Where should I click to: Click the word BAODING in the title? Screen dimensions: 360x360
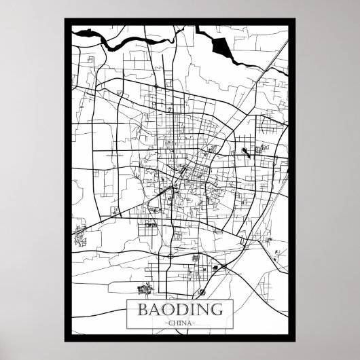point(179,309)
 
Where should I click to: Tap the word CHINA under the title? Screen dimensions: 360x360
point(180,323)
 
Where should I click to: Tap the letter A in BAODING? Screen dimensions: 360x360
point(151,309)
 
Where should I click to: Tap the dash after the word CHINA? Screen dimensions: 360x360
point(196,323)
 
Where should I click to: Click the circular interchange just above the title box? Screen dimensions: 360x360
point(202,293)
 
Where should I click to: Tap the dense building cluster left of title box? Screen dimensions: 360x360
point(144,290)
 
